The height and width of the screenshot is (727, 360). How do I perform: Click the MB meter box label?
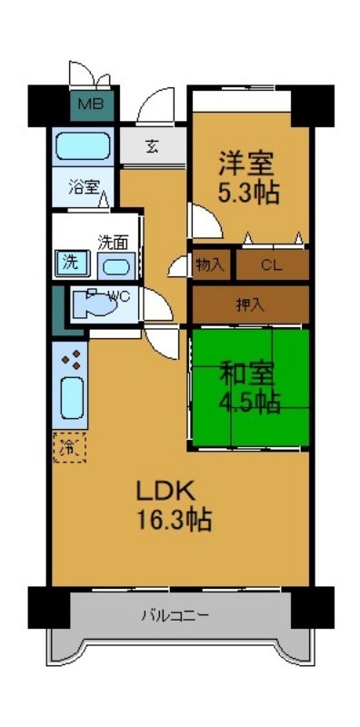tap(90, 104)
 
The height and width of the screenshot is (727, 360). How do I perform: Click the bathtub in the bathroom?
tap(82, 145)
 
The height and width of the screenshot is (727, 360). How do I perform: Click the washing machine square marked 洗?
tap(70, 264)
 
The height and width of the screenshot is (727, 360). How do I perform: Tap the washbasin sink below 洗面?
tap(114, 267)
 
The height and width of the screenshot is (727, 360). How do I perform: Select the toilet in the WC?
tap(95, 302)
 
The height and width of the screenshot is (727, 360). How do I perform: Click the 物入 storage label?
tap(210, 264)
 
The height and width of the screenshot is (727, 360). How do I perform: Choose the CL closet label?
tap(271, 265)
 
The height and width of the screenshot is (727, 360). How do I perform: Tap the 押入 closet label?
tap(249, 304)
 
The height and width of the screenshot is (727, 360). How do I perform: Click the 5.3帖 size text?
tap(247, 193)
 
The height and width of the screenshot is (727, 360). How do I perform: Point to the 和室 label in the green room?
tap(246, 372)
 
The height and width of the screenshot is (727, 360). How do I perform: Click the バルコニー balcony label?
tap(175, 615)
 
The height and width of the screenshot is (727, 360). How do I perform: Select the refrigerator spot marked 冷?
tap(68, 447)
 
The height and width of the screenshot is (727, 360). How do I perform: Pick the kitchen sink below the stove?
tap(71, 397)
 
